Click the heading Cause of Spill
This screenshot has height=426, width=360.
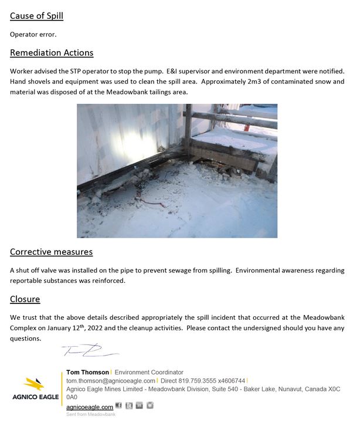36,16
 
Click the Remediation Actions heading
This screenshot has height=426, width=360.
52,53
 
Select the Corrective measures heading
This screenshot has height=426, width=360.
51,252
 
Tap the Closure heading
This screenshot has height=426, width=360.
25,299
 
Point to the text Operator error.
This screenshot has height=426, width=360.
33,34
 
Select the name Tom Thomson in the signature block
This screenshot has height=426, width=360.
87,372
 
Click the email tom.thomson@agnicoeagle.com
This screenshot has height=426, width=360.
111,381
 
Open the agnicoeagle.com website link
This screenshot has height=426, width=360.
90,407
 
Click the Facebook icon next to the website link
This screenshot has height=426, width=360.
118,405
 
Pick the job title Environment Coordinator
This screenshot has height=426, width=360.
149,372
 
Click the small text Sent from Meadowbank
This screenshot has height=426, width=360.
91,414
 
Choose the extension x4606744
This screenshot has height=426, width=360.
230,381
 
